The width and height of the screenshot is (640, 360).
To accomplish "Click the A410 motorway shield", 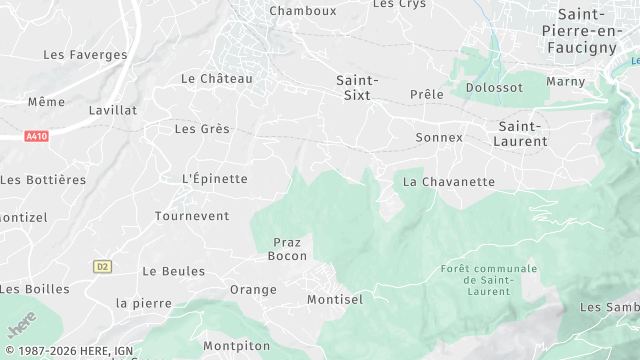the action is click(37, 135).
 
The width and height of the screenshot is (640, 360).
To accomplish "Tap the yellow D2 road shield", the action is click(103, 266).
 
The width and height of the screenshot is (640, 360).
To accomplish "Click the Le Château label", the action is click(217, 78).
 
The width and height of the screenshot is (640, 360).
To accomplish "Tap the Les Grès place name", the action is click(202, 129).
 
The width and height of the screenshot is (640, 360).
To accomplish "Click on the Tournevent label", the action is click(192, 216).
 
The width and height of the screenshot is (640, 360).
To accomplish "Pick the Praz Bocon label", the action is click(288, 249).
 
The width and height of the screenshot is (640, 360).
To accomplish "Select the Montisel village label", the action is click(335, 299).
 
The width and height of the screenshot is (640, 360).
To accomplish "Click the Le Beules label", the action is click(174, 271).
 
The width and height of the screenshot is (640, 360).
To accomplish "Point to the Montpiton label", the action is click(236, 346).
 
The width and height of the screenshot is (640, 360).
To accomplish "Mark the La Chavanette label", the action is click(449, 183).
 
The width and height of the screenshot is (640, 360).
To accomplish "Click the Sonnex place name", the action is click(439, 137).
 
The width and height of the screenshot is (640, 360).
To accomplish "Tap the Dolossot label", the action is click(495, 88).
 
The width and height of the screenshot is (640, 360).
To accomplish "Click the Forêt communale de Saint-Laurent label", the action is click(488, 280).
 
